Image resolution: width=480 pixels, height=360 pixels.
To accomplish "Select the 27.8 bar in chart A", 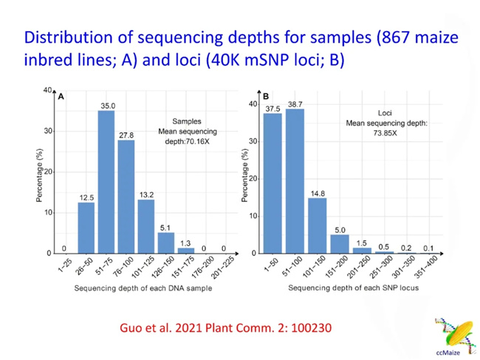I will tap(126, 197).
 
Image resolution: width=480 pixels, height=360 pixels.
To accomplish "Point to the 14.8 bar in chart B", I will tap(318, 225).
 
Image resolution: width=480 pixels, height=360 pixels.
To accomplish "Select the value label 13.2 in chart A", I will tap(146, 194).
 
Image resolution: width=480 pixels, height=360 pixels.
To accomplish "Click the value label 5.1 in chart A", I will tap(166, 228).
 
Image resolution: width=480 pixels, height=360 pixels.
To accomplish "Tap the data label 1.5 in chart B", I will tap(362, 243).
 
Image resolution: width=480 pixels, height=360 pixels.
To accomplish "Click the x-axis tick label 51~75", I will tap(103, 265).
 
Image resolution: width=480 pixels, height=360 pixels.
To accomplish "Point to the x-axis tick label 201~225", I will tap(223, 265).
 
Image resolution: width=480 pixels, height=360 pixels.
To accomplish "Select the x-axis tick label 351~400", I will tap(431, 265).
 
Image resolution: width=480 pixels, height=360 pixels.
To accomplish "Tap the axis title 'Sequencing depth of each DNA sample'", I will tap(137, 288).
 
